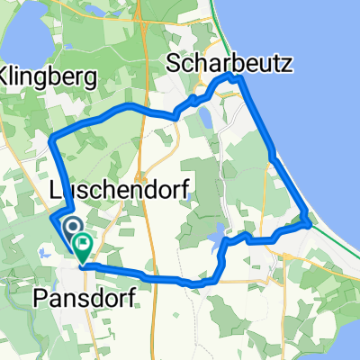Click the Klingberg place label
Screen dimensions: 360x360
coord(49,77)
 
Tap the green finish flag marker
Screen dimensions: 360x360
coord(83,242)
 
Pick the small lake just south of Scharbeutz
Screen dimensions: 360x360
coord(206,117)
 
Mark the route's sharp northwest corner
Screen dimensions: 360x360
coord(51,137)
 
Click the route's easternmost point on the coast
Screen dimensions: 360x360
coord(310,222)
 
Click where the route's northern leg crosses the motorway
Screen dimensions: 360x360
coord(142,107)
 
